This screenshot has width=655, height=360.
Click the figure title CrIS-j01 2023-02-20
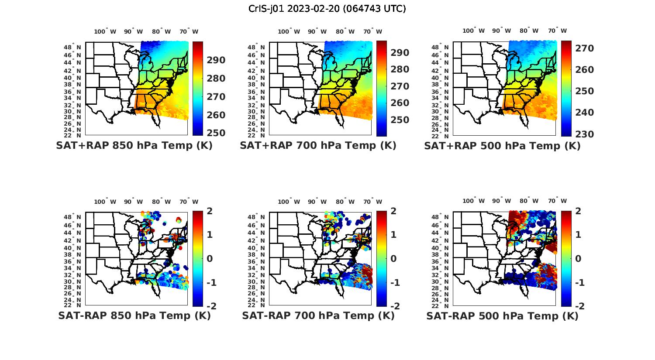pos(327,9)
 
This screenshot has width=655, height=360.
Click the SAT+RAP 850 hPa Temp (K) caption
pos(134,146)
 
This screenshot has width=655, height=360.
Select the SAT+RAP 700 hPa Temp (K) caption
pos(318,146)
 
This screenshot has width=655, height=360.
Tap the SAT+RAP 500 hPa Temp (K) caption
pos(502,146)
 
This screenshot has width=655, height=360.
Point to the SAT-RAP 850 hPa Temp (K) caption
pos(134,315)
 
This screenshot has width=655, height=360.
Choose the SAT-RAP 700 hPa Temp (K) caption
pos(318,315)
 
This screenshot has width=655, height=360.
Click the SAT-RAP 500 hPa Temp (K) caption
pos(502,315)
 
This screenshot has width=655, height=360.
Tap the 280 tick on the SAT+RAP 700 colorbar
pos(400,69)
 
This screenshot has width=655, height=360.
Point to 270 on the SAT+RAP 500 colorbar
pos(584,48)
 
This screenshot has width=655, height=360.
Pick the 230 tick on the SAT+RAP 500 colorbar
pos(584,134)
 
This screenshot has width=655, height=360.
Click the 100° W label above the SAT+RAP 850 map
pos(105,31)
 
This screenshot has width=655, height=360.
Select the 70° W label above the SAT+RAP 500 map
pos(558,31)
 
